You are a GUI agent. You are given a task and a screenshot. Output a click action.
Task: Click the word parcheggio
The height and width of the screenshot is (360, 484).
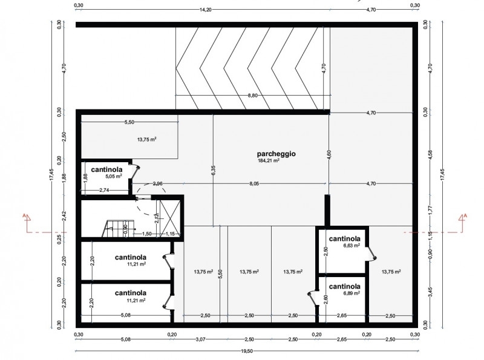(276, 154)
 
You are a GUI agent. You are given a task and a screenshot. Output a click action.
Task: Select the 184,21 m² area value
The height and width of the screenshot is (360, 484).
(269, 160)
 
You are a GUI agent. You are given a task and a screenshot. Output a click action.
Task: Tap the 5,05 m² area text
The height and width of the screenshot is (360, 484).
(113, 176)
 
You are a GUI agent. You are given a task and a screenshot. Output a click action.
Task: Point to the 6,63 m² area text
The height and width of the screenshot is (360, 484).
(352, 246)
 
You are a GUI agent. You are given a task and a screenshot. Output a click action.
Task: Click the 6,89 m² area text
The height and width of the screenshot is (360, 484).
(352, 293)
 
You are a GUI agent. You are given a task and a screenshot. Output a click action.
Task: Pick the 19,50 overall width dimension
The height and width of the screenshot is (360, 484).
(247, 351)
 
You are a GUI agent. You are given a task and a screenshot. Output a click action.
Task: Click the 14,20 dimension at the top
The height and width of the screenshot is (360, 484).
(205, 10)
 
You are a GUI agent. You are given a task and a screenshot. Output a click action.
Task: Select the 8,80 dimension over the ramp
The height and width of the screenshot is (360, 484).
(252, 96)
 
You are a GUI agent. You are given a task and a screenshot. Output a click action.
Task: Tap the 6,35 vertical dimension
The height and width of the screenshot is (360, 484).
(214, 170)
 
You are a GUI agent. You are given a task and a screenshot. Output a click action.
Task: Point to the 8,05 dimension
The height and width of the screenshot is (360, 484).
(253, 183)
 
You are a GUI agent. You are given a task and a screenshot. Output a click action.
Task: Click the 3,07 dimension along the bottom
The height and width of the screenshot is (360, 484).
(201, 339)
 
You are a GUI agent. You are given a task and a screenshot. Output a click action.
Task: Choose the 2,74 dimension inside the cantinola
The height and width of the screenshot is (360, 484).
(104, 190)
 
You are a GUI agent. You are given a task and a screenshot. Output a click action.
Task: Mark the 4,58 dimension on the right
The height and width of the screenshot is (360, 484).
(431, 154)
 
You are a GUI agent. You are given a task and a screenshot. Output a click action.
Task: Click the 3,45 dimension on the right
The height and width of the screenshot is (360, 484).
(431, 292)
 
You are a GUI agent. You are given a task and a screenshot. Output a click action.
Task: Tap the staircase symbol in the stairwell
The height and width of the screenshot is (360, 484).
(118, 229)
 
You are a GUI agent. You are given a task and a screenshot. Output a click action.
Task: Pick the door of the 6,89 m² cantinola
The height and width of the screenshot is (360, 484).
(313, 298)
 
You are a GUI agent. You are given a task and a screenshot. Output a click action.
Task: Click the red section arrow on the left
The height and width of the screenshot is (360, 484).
(27, 222)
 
